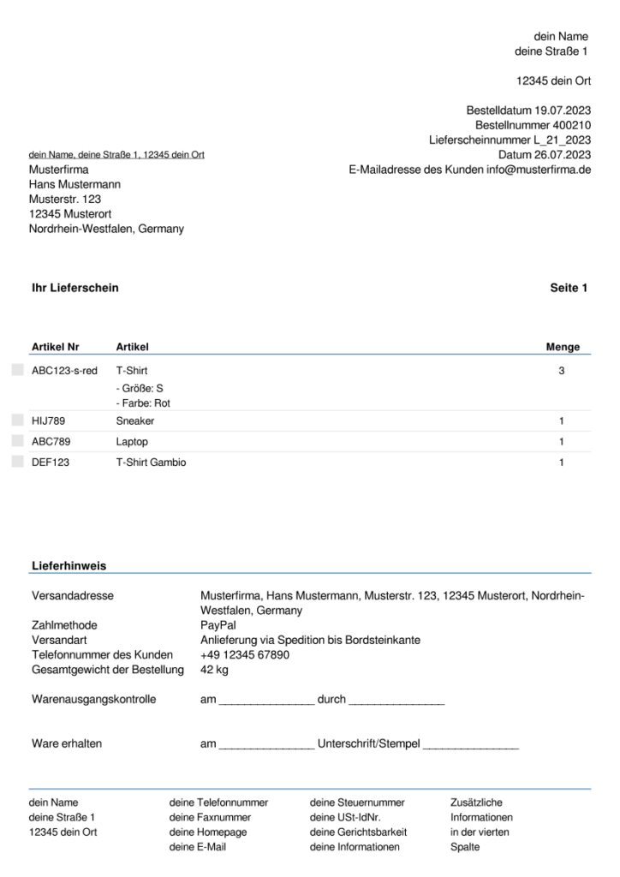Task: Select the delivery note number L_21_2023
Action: click(x=557, y=140)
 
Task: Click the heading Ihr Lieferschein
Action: click(x=75, y=288)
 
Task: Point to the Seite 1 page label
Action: click(x=569, y=288)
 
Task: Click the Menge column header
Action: click(x=563, y=347)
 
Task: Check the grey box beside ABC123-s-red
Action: click(x=18, y=371)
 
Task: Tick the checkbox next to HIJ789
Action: click(x=18, y=421)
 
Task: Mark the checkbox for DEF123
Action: click(x=18, y=462)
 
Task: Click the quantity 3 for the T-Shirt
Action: click(x=561, y=371)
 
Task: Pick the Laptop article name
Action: click(x=132, y=442)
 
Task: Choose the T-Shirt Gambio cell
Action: click(x=151, y=462)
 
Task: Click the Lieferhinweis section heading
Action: click(x=69, y=566)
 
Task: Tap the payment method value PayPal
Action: click(x=217, y=625)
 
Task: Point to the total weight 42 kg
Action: click(x=214, y=670)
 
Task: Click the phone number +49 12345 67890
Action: click(x=245, y=655)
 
